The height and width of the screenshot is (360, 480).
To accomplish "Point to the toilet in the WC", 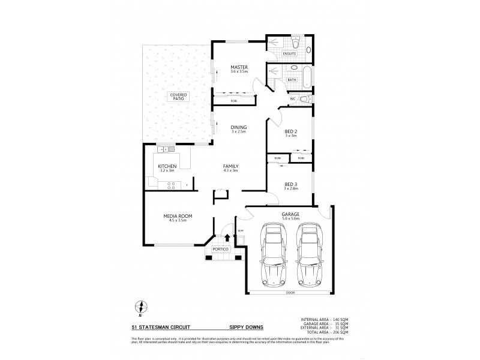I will click(x=304, y=99).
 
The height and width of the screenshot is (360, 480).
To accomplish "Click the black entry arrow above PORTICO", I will click(x=227, y=238).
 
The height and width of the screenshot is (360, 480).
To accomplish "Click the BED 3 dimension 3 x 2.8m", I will click(x=290, y=188).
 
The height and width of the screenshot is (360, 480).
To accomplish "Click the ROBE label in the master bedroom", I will click(x=233, y=101).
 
